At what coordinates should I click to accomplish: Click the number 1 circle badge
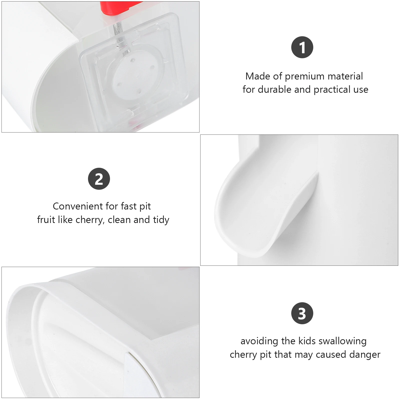click(x=302, y=47)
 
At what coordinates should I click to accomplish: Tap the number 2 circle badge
click(x=99, y=179)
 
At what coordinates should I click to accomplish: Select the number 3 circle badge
click(x=302, y=313)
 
